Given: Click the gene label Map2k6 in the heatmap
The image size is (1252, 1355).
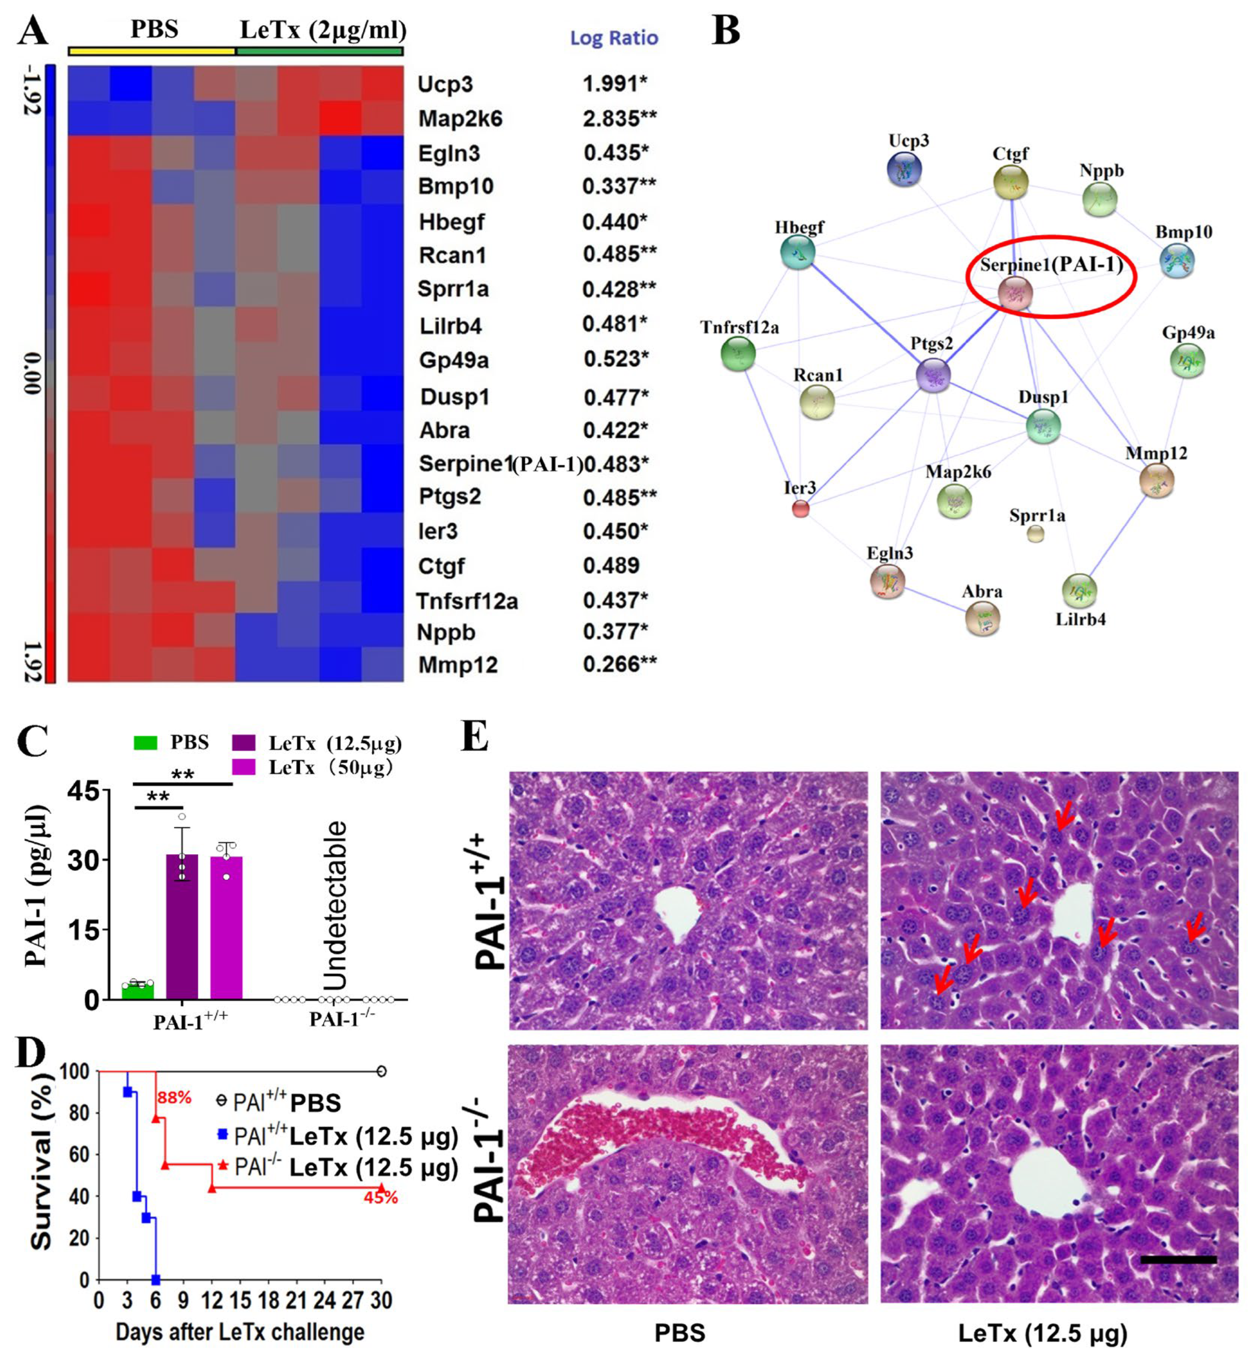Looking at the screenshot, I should click(460, 119).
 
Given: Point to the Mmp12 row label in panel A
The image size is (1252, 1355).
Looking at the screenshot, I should click(458, 665).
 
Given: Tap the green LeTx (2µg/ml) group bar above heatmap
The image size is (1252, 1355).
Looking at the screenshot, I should click(320, 51).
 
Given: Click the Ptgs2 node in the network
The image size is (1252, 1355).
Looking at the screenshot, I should click(933, 374).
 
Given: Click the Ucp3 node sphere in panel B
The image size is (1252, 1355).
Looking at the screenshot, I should click(905, 168).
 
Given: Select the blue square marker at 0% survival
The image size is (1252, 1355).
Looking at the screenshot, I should click(156, 1280).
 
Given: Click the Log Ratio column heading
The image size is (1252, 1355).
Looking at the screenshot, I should click(614, 38).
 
